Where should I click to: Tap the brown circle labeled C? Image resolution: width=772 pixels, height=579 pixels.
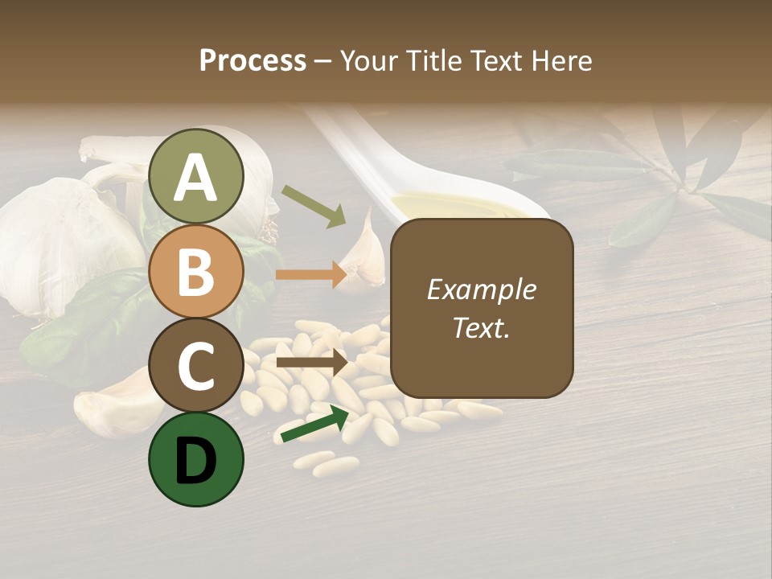(195, 365)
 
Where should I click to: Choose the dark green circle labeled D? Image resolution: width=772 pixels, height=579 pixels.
(195, 459)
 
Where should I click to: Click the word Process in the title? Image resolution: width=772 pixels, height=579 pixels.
(253, 61)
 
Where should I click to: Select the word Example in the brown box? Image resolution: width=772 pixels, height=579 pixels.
(482, 289)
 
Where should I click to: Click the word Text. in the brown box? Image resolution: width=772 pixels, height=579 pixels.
(482, 327)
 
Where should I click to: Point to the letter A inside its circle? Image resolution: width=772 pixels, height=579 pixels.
(195, 178)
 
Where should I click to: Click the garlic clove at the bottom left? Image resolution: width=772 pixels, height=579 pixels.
(117, 406)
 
